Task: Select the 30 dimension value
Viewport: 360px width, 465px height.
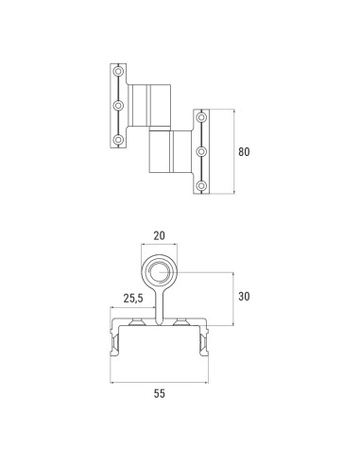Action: pos(245,296)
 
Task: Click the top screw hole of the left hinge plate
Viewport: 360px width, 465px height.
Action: pos(118,72)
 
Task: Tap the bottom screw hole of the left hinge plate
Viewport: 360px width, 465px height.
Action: pos(118,140)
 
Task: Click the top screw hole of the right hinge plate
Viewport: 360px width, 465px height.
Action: pos(200,117)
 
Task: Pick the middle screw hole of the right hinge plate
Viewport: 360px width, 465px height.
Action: pos(200,151)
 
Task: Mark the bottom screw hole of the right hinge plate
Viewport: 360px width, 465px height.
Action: pos(200,185)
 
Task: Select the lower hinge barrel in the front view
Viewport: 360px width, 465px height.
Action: pos(171,152)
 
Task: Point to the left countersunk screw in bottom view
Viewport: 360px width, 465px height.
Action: pos(138,324)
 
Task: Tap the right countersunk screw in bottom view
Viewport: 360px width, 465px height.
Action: pos(180,324)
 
